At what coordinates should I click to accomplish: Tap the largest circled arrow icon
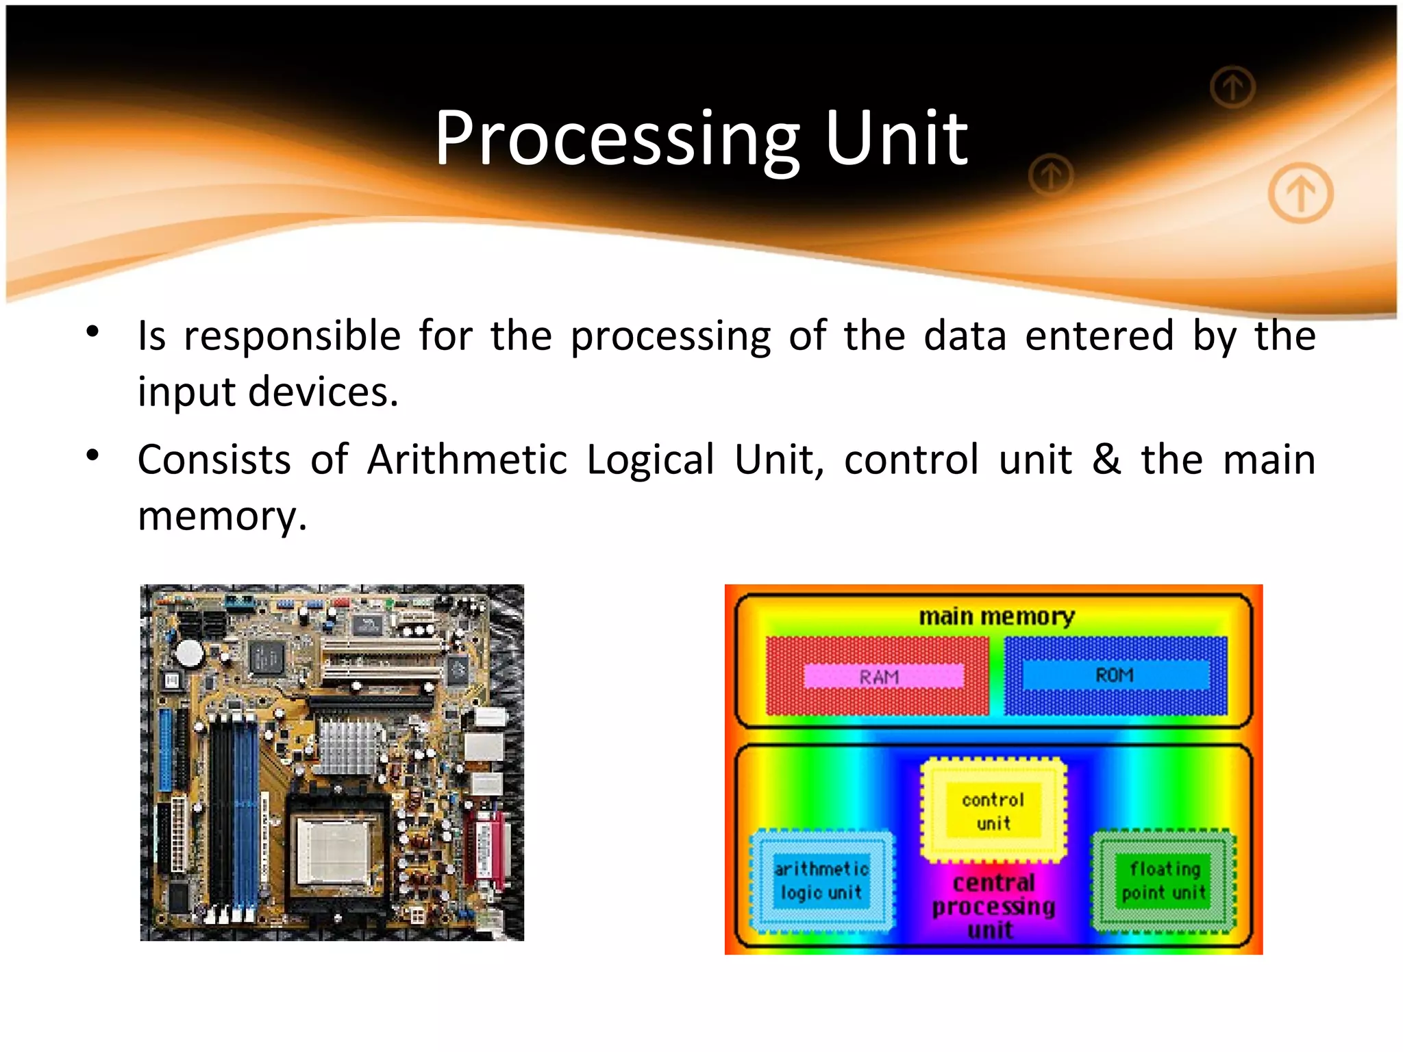tap(1300, 193)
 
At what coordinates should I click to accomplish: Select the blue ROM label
tap(1115, 675)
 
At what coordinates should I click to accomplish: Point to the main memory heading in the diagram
tap(996, 616)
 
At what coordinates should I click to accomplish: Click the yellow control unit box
tap(993, 811)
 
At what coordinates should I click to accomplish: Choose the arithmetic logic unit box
tap(821, 881)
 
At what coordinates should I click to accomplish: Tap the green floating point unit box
tap(1164, 881)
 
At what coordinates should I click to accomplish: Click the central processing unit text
tap(993, 905)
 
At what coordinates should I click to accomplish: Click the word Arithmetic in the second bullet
tap(467, 459)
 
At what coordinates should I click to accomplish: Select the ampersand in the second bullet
tap(1106, 459)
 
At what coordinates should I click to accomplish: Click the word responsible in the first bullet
tap(292, 336)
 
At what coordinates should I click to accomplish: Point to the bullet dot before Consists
tap(93, 455)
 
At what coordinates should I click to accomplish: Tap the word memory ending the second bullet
tap(221, 515)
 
